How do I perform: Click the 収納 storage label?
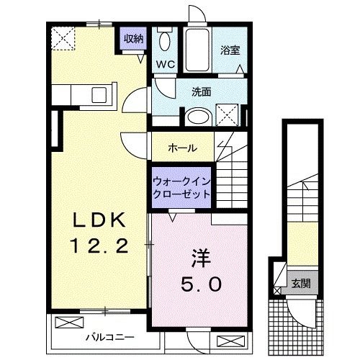[132, 39]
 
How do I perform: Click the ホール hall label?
[183, 147]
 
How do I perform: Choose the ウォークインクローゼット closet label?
[181, 188]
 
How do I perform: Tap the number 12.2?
[99, 247]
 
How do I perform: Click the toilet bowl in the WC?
[164, 40]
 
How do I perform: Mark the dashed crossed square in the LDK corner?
[64, 36]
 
